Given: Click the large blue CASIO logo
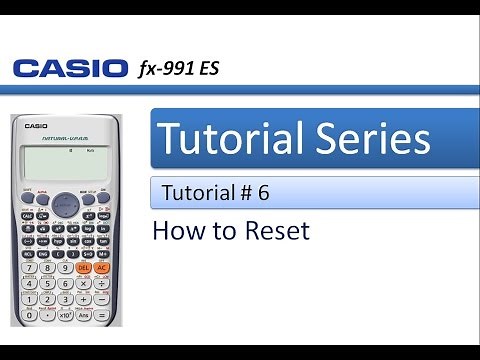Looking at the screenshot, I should coord(69,70).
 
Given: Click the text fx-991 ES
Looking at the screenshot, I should coord(177,69).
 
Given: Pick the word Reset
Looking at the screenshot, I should coord(275,231).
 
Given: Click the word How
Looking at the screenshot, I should coord(176,231).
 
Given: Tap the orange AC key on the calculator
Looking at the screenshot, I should coord(102,268).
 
